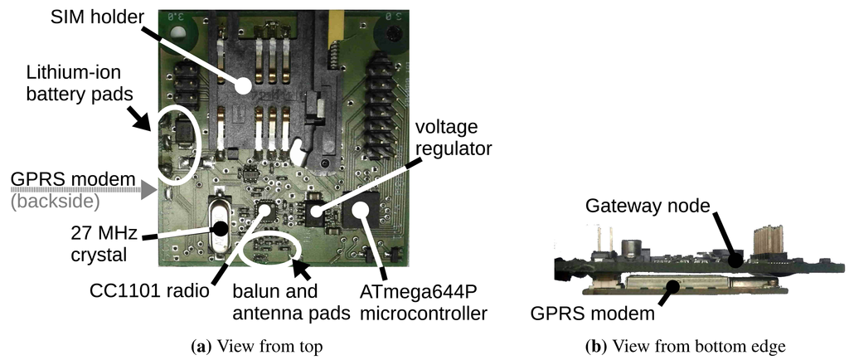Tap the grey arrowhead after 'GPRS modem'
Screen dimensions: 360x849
(x=148, y=190)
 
